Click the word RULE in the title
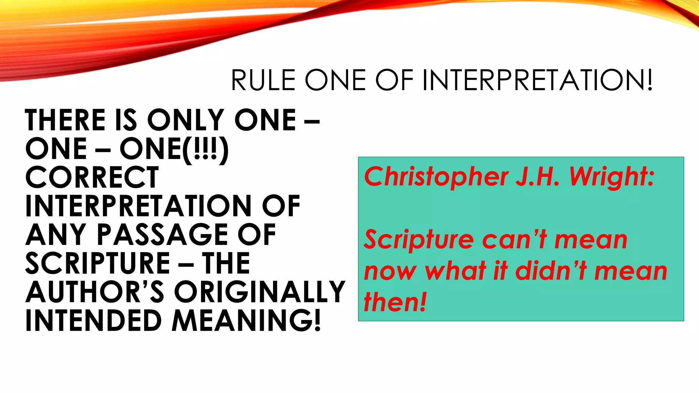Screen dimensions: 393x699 [263, 80]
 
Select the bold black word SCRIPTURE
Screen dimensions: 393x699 [98, 263]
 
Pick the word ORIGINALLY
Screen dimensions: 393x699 [260, 292]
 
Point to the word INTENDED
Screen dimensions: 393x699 [93, 321]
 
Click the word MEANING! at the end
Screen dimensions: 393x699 [246, 321]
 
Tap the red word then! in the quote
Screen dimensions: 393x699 [395, 302]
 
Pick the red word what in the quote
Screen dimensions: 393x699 [456, 271]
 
